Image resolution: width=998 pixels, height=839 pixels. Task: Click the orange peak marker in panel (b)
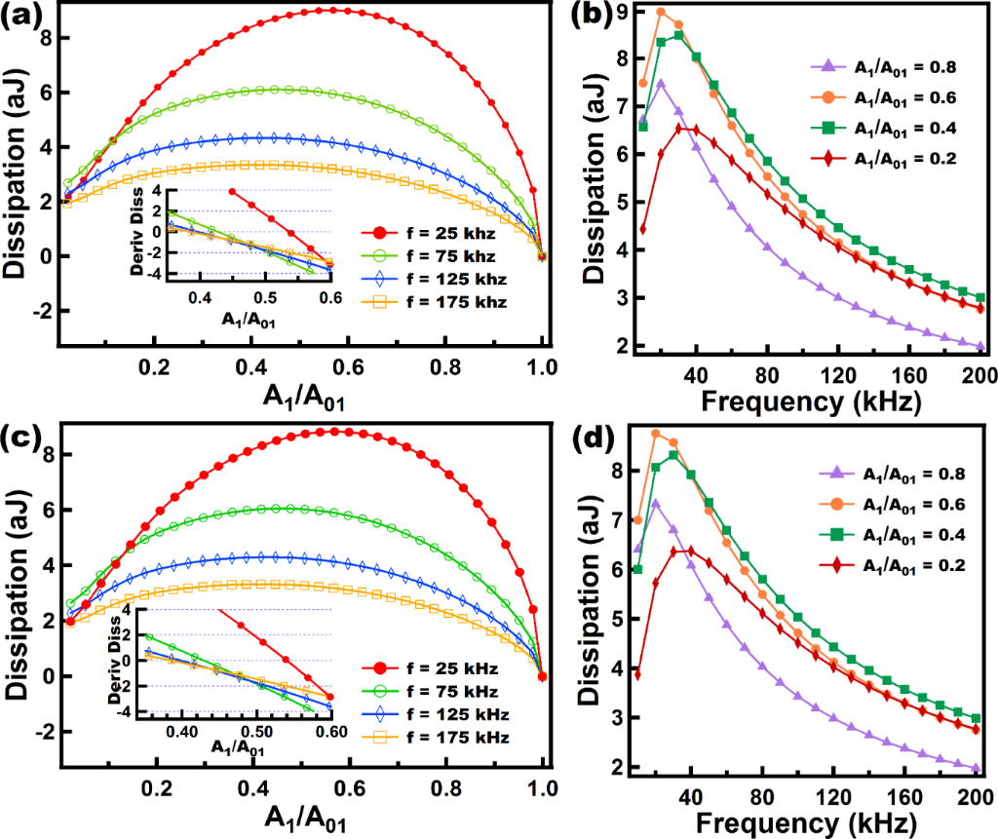tap(661, 12)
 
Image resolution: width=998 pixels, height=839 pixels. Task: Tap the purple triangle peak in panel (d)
tap(655, 504)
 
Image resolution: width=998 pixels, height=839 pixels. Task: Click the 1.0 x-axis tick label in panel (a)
tap(543, 371)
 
